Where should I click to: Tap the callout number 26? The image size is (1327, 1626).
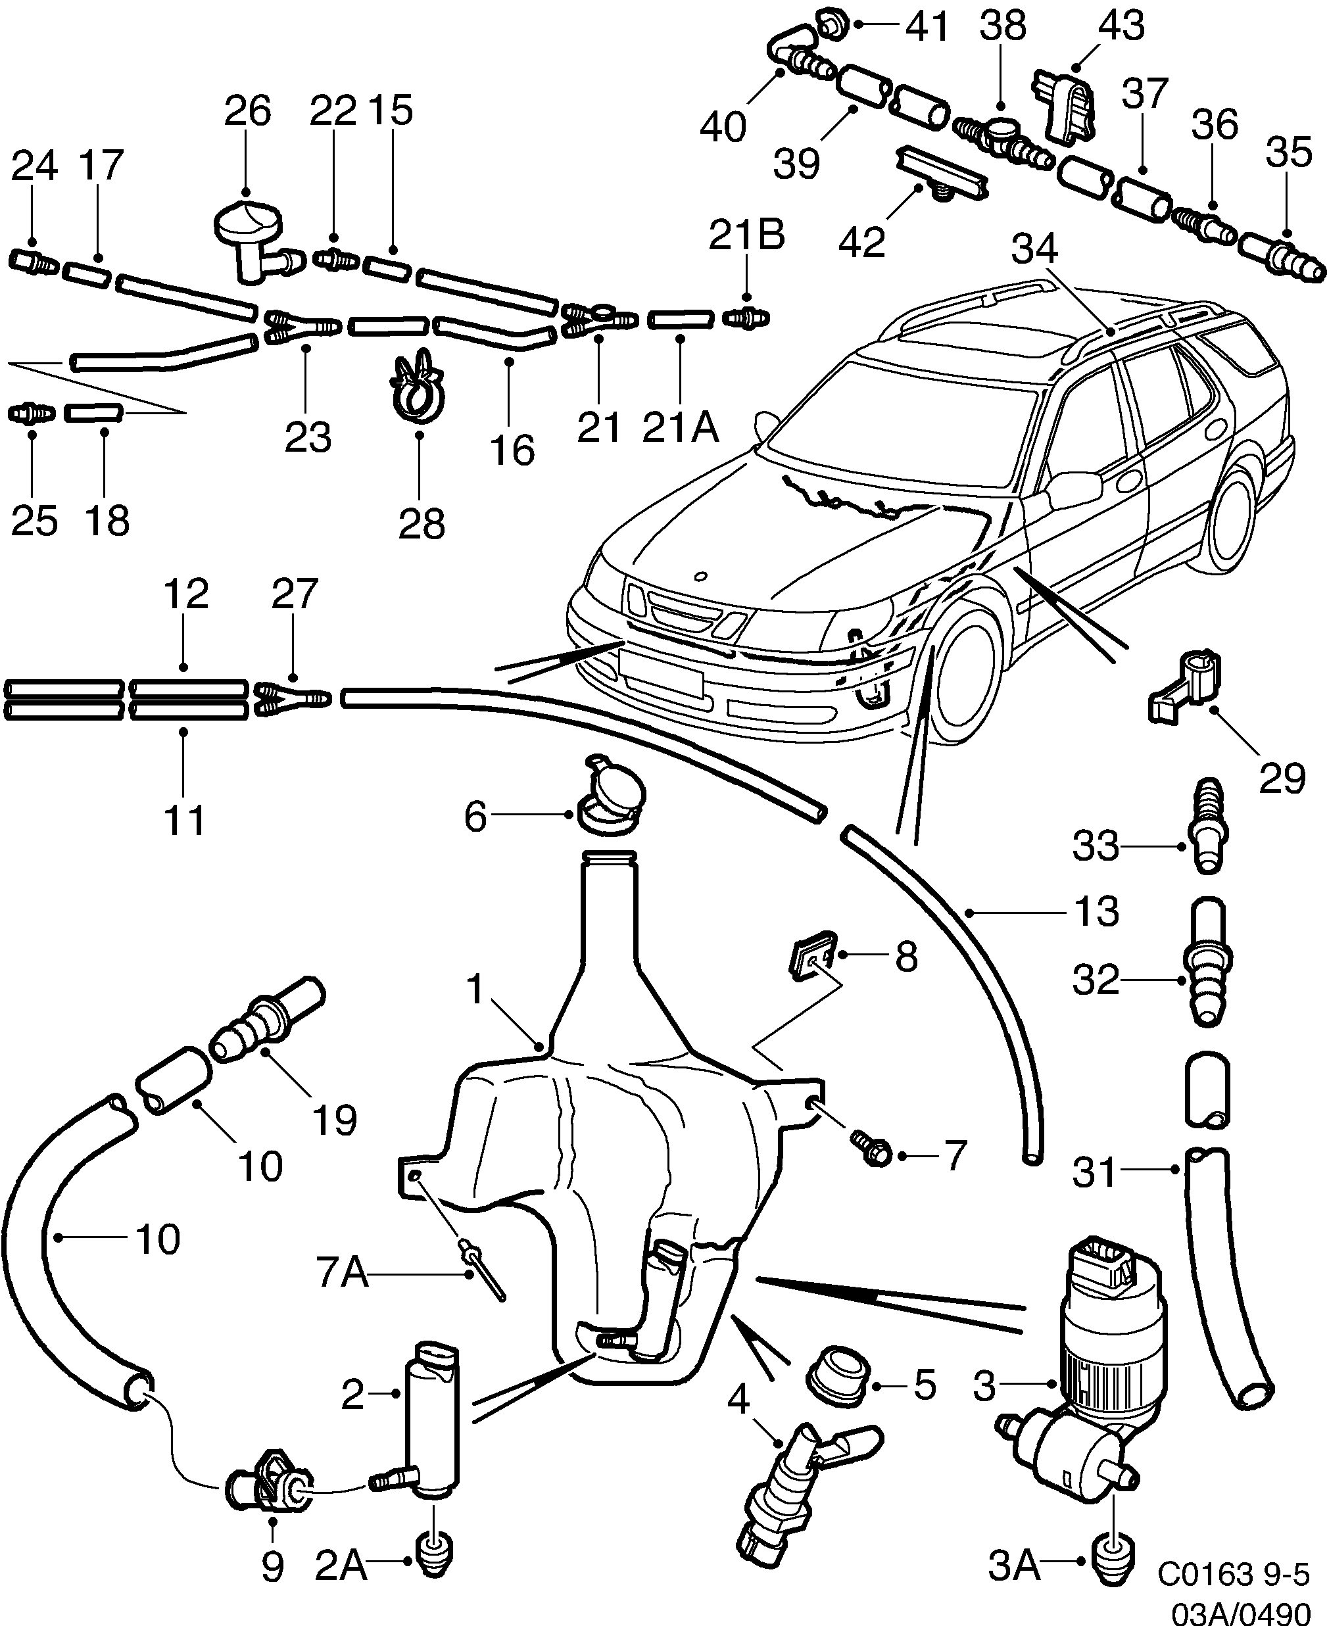(x=247, y=112)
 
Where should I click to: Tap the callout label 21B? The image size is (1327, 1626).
(x=746, y=235)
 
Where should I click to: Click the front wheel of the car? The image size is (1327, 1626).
(x=967, y=673)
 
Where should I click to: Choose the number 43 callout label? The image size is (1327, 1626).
(x=1121, y=25)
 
